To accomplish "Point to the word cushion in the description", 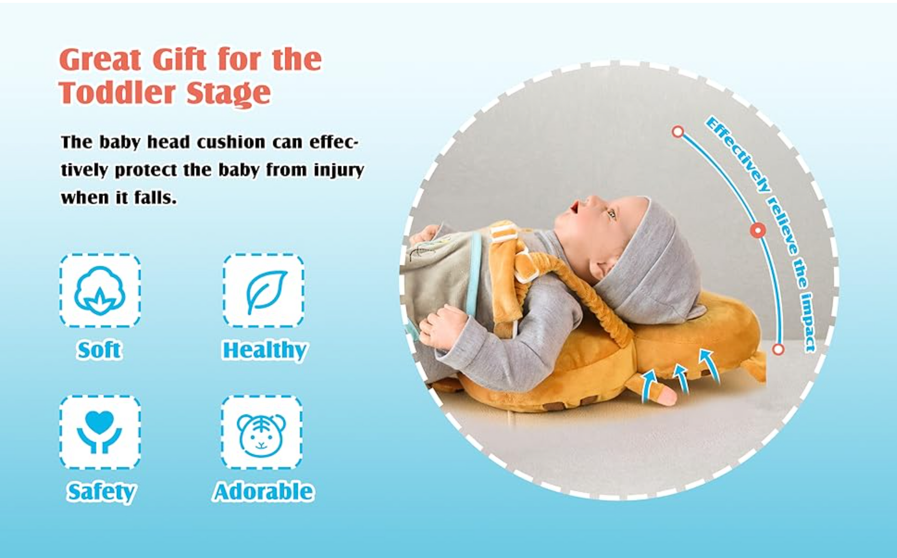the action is (x=231, y=142).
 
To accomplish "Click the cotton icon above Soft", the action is (x=100, y=291).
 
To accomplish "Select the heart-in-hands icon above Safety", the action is (x=100, y=432).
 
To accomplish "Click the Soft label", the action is (x=99, y=350).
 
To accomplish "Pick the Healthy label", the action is (x=265, y=350).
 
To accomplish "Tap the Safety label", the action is (x=101, y=492).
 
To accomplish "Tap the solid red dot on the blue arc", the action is (x=758, y=230).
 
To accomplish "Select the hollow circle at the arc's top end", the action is (x=678, y=132).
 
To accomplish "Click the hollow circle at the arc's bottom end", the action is (x=778, y=349).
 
